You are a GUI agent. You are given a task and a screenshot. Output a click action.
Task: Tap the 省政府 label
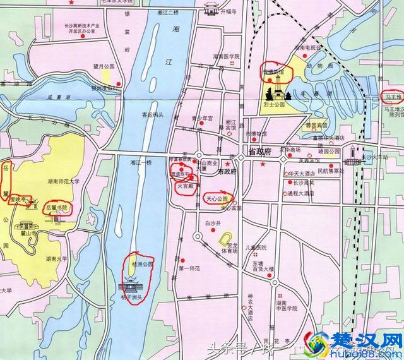pos(259,152)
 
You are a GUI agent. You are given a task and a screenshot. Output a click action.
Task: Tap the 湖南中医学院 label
pos(282,306)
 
